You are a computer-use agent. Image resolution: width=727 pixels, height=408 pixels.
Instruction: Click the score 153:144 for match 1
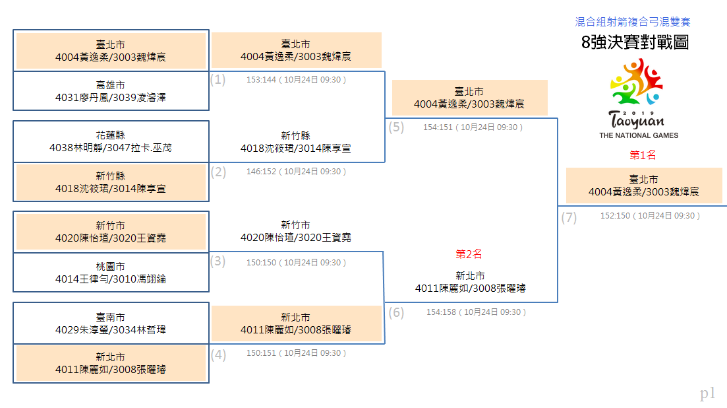tap(261, 80)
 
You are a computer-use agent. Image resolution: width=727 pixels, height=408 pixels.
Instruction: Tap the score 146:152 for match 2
tap(261, 172)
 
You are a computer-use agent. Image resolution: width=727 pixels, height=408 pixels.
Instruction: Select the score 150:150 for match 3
tap(261, 263)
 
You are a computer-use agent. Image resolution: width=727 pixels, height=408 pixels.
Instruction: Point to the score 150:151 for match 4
tap(261, 353)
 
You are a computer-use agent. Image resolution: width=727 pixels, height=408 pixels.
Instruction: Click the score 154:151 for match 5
tap(438, 127)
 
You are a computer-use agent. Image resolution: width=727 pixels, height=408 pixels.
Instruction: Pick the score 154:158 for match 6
tap(442, 312)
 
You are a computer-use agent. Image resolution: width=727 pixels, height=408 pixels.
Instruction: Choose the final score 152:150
tap(615, 216)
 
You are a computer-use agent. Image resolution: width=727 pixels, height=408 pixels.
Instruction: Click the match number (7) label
tap(569, 218)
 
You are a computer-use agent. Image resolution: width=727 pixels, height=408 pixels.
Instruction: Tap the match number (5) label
tap(396, 127)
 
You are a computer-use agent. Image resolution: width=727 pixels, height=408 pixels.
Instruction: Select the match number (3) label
tap(218, 261)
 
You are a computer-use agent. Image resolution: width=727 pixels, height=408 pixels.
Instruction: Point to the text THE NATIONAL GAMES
tap(639, 135)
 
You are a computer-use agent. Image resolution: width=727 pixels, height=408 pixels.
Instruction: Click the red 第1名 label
tap(643, 155)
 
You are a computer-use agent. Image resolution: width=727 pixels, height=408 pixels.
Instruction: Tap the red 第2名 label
tap(469, 254)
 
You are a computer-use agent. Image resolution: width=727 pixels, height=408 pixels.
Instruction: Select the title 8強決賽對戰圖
tap(635, 42)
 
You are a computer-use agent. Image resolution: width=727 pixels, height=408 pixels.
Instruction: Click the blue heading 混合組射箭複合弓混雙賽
tap(633, 22)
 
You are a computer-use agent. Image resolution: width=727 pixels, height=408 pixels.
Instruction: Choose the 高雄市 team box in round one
tap(111, 91)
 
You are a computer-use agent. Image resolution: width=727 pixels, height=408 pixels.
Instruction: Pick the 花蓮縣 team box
tap(111, 141)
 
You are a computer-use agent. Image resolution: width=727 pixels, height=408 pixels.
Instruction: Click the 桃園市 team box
tap(111, 273)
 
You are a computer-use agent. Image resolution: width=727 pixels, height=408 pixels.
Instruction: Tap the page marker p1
tap(707, 393)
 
